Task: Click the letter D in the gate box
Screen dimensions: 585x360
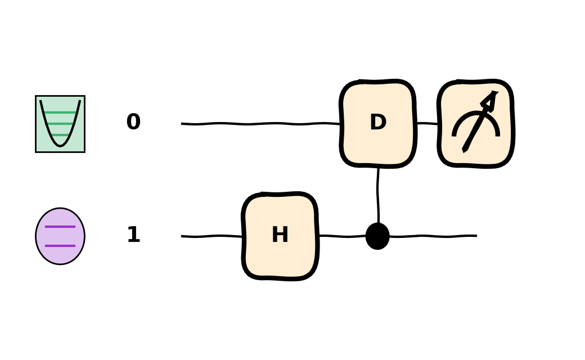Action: [x=378, y=122]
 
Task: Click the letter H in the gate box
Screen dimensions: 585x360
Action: [x=280, y=235]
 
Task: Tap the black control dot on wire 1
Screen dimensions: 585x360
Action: [x=377, y=236]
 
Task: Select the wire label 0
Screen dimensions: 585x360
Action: [x=133, y=121]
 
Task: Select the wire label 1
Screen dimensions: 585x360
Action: [x=133, y=235]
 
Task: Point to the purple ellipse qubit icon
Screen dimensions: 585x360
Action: [x=60, y=236]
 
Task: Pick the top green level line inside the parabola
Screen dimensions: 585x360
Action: [x=60, y=112]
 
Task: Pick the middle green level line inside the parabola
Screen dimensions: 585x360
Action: [x=60, y=124]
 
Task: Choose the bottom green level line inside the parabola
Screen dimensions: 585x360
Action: [x=60, y=134]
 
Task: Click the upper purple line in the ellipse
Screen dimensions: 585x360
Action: [x=60, y=227]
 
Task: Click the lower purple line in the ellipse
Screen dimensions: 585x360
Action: [x=60, y=246]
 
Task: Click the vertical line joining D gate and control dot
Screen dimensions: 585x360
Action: [x=379, y=195]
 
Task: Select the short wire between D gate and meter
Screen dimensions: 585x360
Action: [x=427, y=123]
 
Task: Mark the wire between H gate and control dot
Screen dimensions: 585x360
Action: [x=343, y=236]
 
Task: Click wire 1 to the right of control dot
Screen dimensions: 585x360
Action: [x=433, y=236]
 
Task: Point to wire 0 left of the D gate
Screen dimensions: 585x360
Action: [x=260, y=124]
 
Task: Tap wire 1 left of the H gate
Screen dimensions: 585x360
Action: [x=211, y=236]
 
